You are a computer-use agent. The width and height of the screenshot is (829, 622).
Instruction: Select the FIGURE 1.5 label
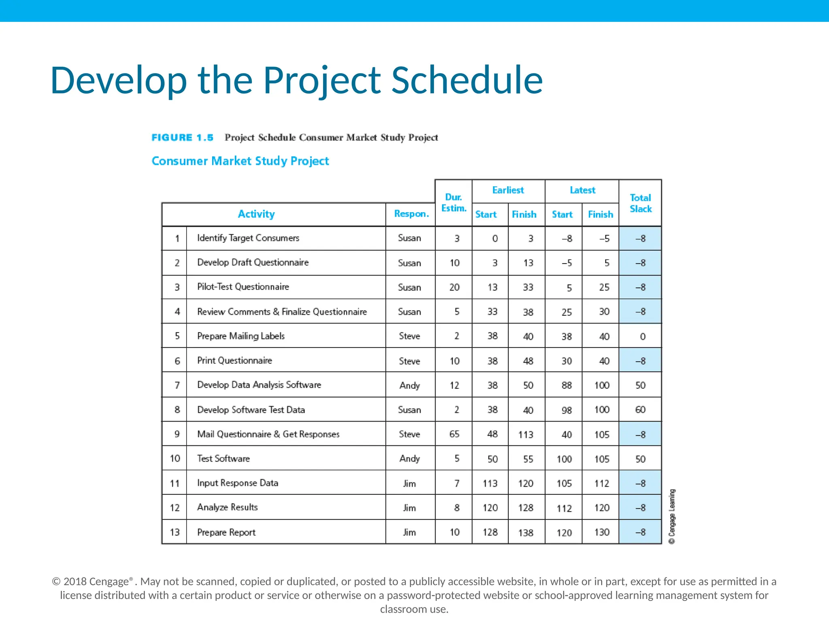182,138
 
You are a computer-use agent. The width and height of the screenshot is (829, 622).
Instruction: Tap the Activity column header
256,214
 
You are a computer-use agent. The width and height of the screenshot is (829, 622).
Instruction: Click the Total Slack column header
640,203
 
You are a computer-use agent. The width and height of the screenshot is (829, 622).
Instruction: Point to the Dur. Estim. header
453,202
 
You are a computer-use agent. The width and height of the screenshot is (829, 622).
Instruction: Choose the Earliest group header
508,190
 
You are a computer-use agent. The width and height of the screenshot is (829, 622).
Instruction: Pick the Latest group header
582,190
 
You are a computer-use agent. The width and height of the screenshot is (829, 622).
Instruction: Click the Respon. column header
411,214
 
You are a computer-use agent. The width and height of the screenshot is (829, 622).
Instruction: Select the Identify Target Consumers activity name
248,238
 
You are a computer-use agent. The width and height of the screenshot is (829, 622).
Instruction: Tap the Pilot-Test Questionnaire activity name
243,287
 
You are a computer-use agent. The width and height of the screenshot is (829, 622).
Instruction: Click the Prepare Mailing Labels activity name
241,336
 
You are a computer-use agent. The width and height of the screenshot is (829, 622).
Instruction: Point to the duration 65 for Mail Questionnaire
454,434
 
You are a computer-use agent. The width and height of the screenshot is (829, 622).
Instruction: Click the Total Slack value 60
640,410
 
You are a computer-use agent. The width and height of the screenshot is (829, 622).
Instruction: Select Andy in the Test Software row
410,458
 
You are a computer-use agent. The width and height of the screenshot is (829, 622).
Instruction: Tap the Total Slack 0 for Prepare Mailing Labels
642,337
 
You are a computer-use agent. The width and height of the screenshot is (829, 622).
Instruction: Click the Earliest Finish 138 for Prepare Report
526,533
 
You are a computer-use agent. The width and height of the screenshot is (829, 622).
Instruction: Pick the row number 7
177,385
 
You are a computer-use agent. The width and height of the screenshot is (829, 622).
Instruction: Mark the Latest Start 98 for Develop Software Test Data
567,410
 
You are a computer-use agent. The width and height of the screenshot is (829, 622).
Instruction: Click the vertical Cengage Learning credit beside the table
672,516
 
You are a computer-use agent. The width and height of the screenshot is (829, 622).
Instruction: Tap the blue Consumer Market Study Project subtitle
240,161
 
